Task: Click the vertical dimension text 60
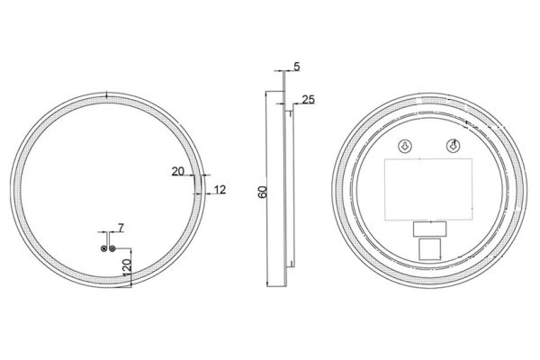pyautogui.click(x=262, y=192)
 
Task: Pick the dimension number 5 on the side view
pyautogui.click(x=297, y=67)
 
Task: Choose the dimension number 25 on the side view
pyautogui.click(x=309, y=99)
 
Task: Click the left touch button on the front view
pyautogui.click(x=104, y=247)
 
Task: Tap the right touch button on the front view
pyautogui.click(x=113, y=247)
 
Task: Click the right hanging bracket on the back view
pyautogui.click(x=454, y=146)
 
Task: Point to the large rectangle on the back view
pyautogui.click(x=427, y=188)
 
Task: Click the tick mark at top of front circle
pyautogui.click(x=107, y=94)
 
